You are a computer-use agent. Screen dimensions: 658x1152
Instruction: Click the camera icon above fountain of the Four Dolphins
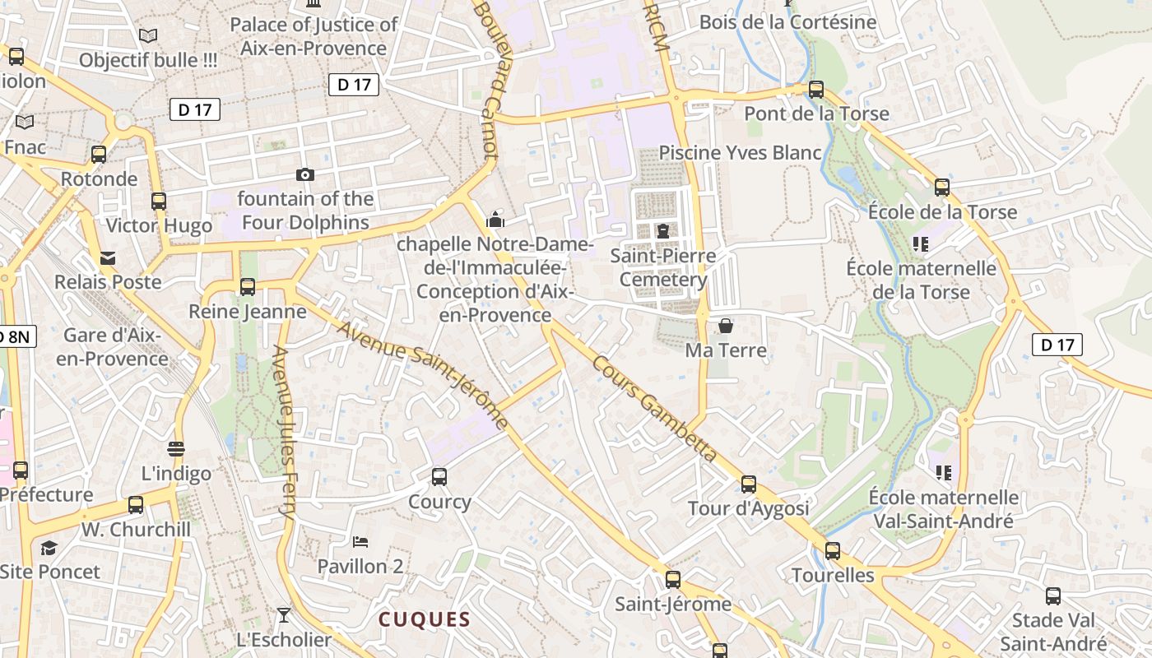tap(305, 174)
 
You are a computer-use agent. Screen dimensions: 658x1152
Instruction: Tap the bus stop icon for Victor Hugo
tap(159, 201)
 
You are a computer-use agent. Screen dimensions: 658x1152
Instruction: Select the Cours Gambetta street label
tap(653, 409)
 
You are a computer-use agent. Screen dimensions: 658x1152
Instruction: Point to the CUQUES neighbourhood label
tap(425, 619)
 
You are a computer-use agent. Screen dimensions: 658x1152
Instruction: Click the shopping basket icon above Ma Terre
tap(726, 326)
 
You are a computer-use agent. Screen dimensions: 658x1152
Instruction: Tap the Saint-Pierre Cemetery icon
tap(663, 231)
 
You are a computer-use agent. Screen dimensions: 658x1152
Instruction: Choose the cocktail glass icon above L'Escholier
tap(284, 614)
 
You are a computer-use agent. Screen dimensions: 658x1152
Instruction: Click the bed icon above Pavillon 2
tap(360, 541)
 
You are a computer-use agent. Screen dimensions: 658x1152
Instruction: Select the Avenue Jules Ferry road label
tap(284, 432)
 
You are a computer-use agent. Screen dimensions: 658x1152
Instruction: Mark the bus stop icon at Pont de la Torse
tap(816, 89)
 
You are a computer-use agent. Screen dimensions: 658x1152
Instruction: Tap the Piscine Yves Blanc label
tap(741, 153)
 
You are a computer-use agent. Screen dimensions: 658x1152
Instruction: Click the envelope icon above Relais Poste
tap(108, 258)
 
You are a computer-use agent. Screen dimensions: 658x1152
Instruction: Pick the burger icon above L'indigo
tap(176, 449)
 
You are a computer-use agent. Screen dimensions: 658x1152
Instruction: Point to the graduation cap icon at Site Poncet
tap(49, 548)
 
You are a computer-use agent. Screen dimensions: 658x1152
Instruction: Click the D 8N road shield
tap(16, 336)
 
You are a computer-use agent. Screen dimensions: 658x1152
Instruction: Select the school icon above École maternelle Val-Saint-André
tap(944, 472)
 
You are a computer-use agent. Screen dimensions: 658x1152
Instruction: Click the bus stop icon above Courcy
tap(439, 476)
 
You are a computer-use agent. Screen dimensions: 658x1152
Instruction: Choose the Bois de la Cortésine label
tap(787, 22)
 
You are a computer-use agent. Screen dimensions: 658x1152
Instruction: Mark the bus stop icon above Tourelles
tap(833, 550)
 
